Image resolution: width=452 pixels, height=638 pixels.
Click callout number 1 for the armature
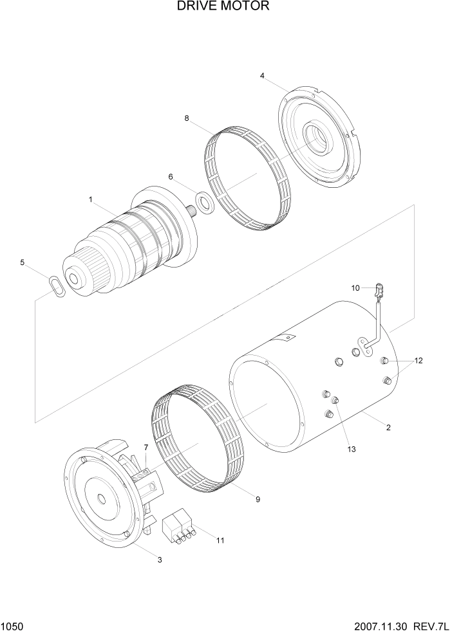tap(91, 200)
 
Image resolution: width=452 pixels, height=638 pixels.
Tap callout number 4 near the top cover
tap(262, 76)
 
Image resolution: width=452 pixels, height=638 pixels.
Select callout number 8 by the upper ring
tap(187, 118)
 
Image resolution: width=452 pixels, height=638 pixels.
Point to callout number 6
tap(171, 176)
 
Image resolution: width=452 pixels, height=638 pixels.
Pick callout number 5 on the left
tap(23, 262)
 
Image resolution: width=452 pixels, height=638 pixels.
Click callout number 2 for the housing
tap(388, 427)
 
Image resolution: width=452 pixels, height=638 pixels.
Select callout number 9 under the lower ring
tap(258, 498)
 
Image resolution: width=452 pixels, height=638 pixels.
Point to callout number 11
tap(220, 540)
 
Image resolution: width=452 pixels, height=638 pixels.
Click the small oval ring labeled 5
tap(57, 285)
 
